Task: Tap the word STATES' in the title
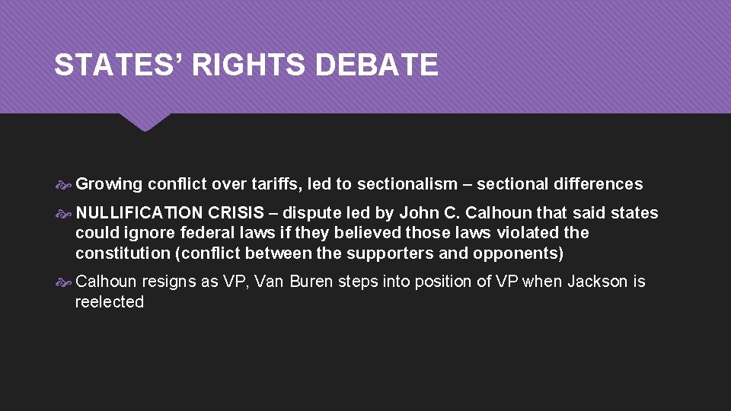coord(119,65)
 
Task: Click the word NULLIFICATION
coord(139,213)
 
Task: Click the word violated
coord(528,233)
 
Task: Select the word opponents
coord(510,253)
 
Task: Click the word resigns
coord(168,282)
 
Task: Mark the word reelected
coord(110,302)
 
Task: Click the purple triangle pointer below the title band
coord(145,122)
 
